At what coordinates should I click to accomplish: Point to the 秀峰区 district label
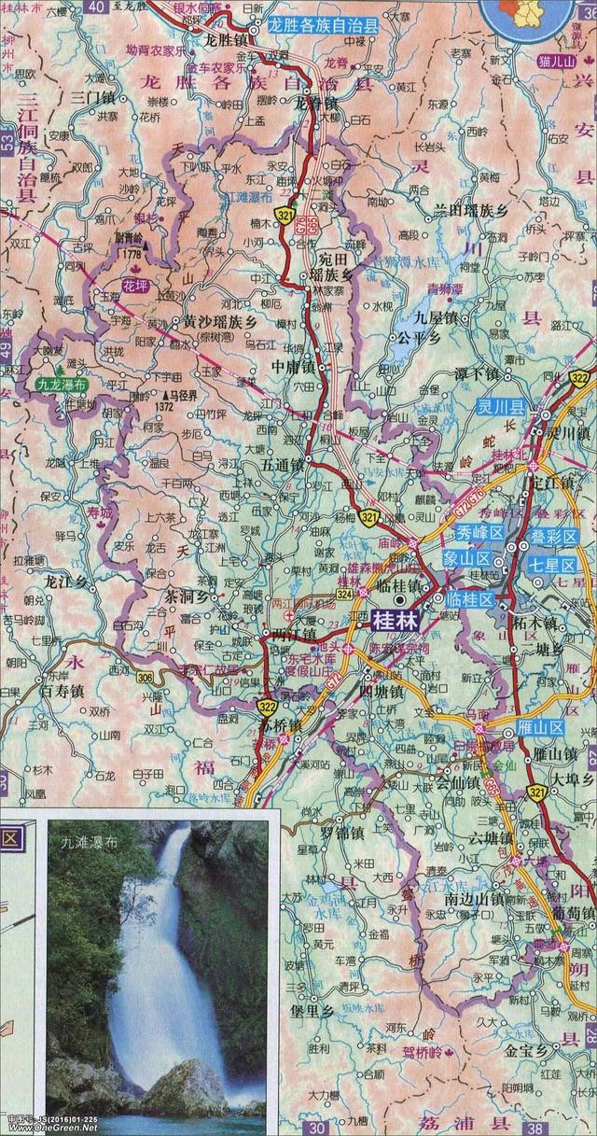tap(479, 532)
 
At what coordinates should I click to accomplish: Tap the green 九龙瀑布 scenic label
tap(61, 383)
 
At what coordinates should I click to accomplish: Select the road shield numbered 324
tap(344, 594)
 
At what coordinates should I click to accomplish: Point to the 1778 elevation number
tap(131, 254)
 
